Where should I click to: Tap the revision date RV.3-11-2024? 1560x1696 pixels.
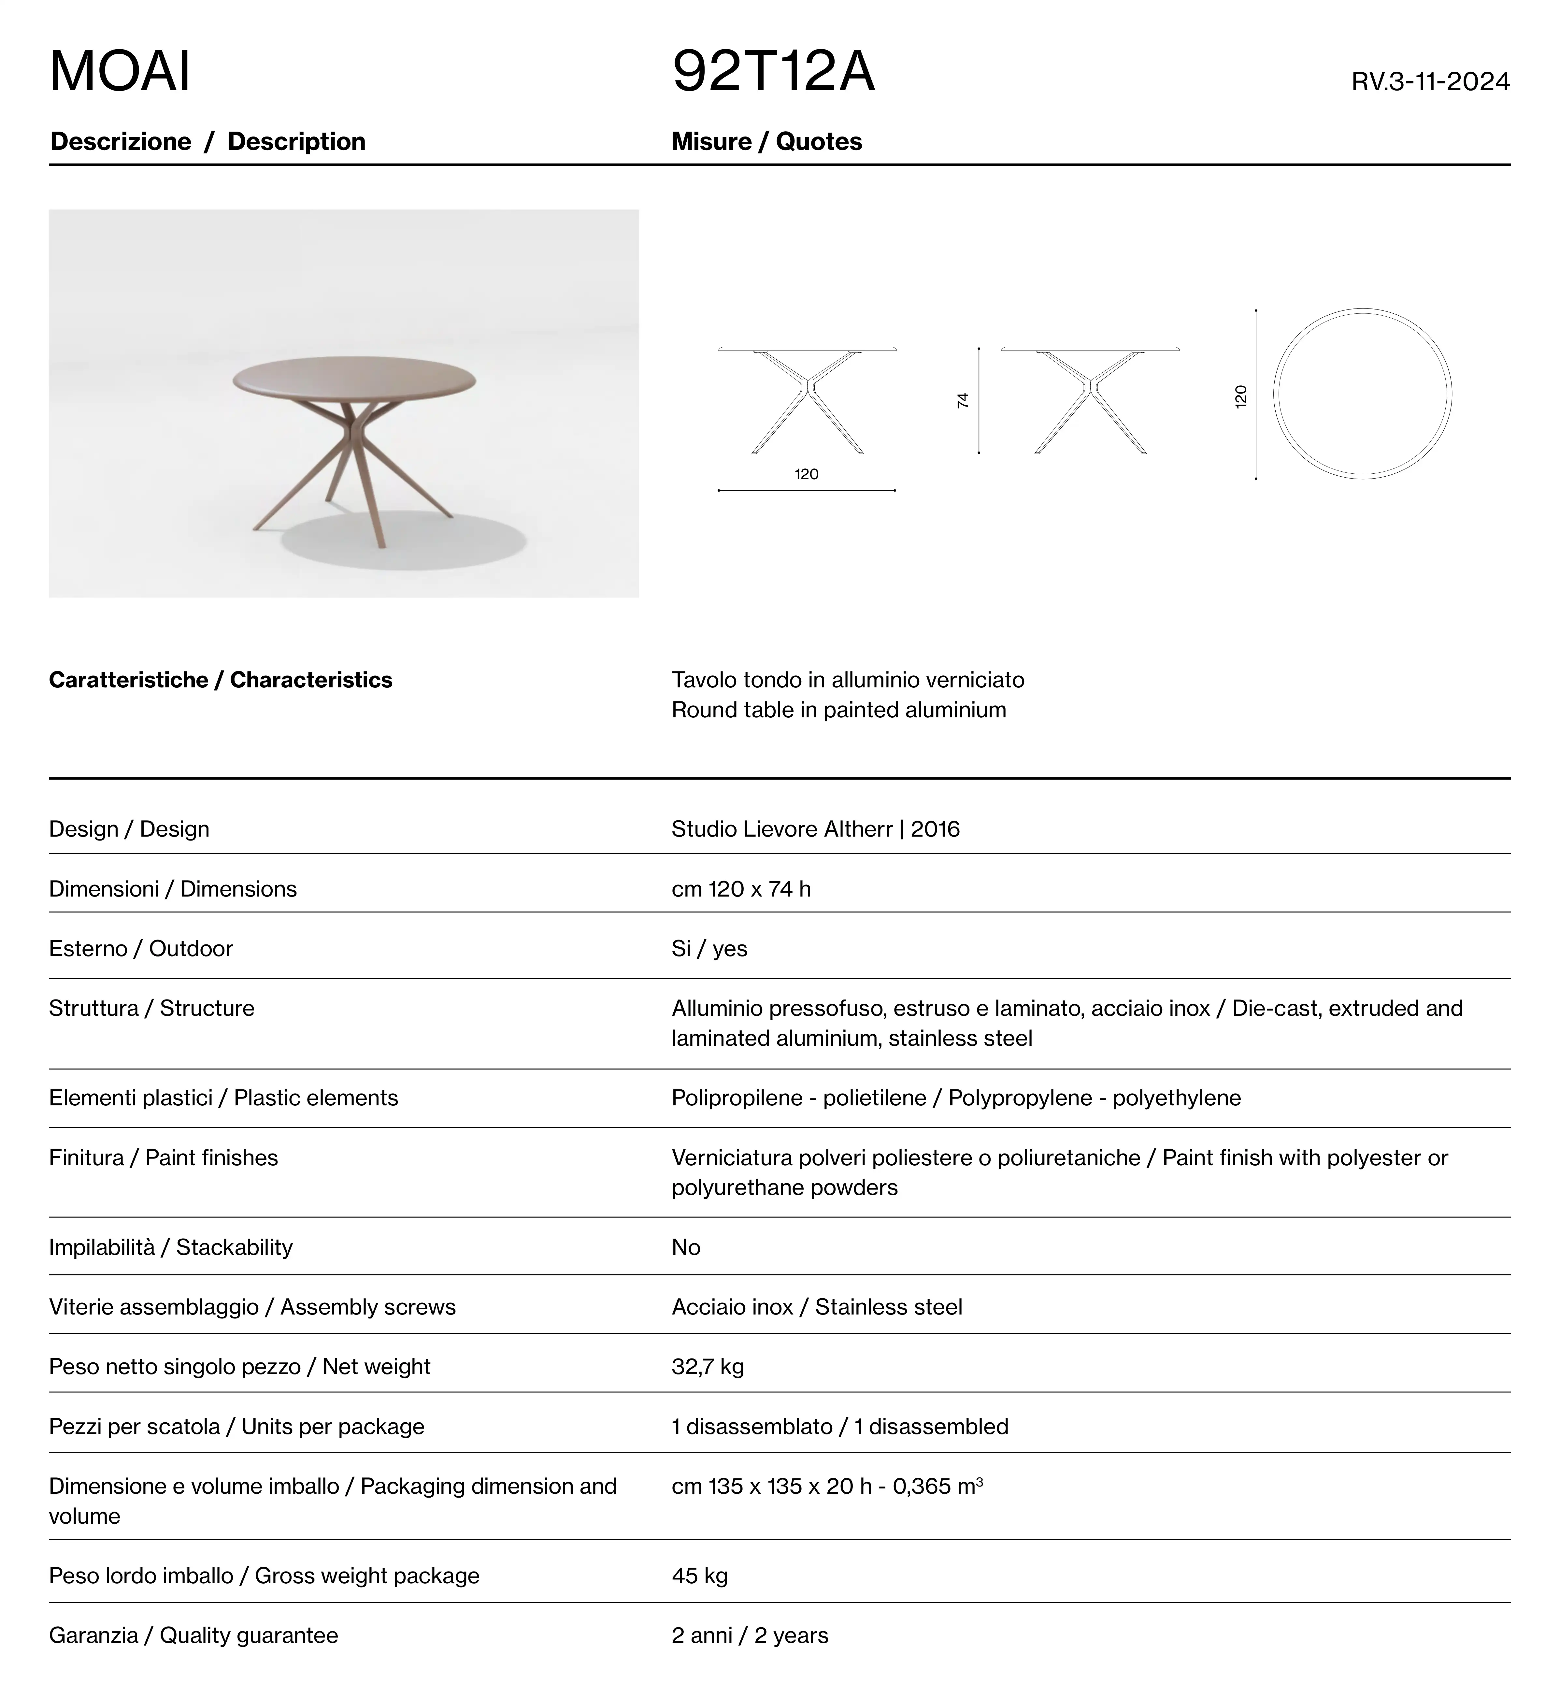coord(1430,82)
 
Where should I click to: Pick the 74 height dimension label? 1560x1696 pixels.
coord(962,400)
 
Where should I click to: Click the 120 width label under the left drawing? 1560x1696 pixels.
coord(806,474)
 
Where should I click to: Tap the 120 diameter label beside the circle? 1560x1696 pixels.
coord(1240,397)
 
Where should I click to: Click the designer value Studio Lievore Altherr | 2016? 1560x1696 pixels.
coord(815,829)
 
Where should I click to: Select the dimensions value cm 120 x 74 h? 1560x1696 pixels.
coord(741,889)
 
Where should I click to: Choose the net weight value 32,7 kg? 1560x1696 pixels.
coord(708,1367)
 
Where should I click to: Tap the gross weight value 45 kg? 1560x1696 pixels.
coord(699,1576)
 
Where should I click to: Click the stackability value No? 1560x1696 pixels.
coord(685,1248)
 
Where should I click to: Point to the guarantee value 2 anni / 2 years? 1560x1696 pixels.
coord(750,1636)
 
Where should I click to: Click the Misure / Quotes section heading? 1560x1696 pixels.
coord(766,142)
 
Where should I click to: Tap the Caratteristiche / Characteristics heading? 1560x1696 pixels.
coord(220,681)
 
